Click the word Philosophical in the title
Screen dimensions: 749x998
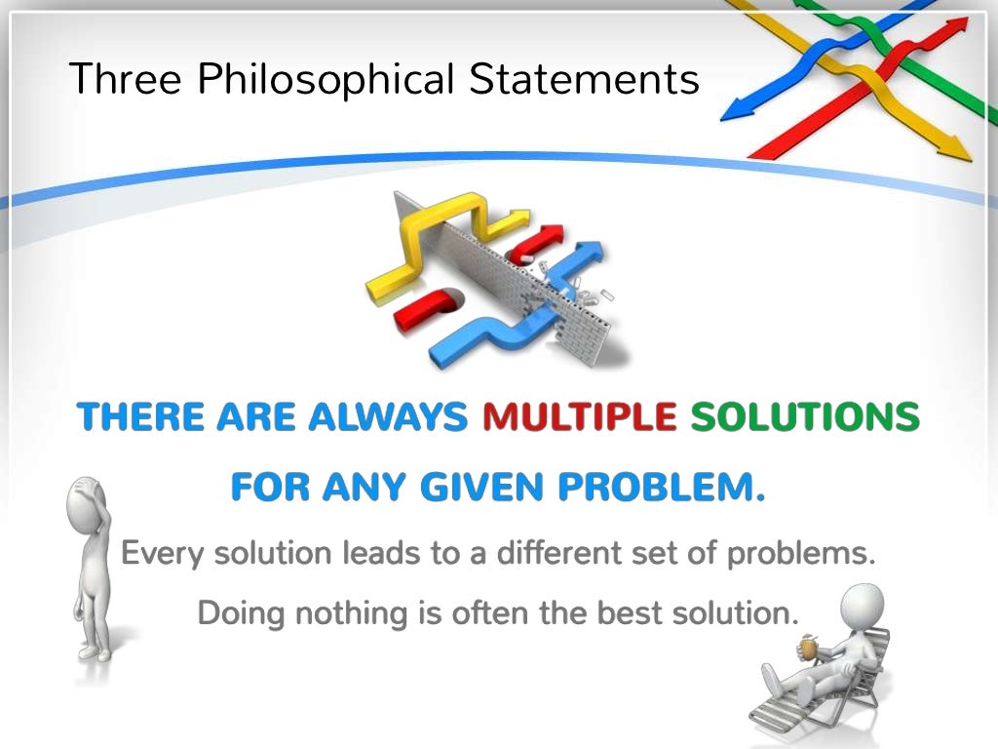tap(326, 79)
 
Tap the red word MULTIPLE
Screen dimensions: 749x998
tap(580, 417)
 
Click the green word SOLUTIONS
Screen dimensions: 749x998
tap(805, 417)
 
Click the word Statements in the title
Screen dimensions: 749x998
tap(585, 78)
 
